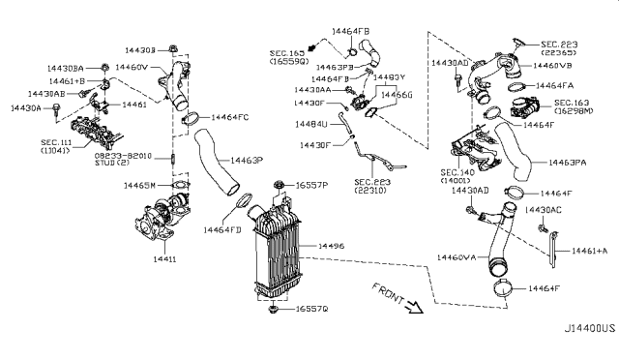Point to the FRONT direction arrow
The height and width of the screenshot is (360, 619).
click(414, 308)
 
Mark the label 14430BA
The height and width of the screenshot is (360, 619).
click(67, 68)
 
